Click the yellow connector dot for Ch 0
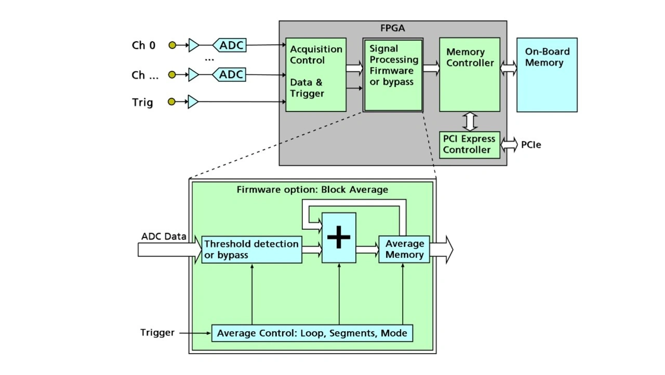[x=172, y=45]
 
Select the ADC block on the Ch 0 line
[x=230, y=45]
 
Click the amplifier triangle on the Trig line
[x=193, y=102]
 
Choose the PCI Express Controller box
[x=470, y=145]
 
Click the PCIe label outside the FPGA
[x=531, y=145]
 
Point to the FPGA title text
[x=393, y=28]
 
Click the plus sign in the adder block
[x=339, y=238]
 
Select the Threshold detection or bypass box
[x=251, y=250]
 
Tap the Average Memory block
[x=404, y=250]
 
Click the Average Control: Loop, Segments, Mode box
[x=312, y=333]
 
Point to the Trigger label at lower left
[x=157, y=332]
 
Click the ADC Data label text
[x=164, y=237]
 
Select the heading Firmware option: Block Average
[x=312, y=189]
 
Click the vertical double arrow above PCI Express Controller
[x=470, y=121]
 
